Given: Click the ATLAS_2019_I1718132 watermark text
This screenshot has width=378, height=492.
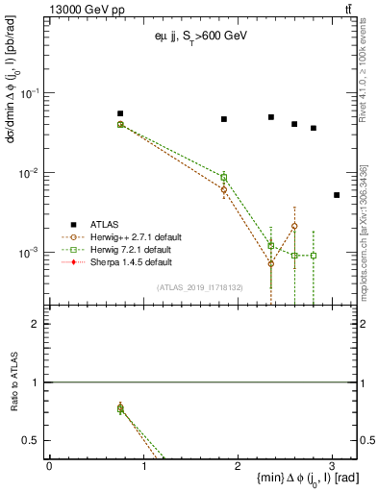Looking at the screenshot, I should coord(199,286).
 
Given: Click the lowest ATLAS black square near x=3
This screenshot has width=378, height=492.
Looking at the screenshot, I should coord(337,195).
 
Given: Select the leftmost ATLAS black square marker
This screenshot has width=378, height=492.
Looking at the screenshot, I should coord(120,113).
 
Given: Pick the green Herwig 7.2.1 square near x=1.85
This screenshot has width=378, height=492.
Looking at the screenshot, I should coord(224,177).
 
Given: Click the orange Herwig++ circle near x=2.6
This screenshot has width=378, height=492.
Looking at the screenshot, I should coord(294,226).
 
